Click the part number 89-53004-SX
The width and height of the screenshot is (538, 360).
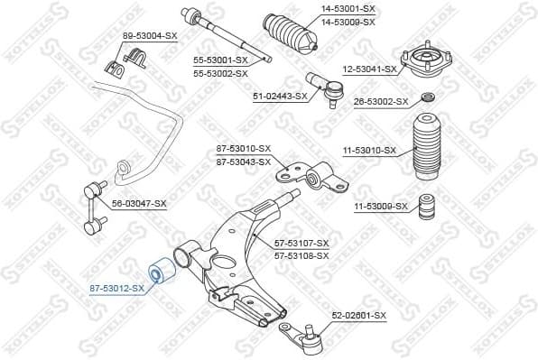point(149,36)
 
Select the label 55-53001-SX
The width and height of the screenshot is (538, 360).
point(220,61)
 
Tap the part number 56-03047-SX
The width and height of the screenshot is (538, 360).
point(139,204)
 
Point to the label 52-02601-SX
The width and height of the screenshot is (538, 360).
point(358,315)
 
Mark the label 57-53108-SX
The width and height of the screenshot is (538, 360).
point(301,255)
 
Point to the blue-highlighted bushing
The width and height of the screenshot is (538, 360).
point(158,271)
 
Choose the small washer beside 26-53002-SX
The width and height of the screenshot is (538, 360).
point(428,97)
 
